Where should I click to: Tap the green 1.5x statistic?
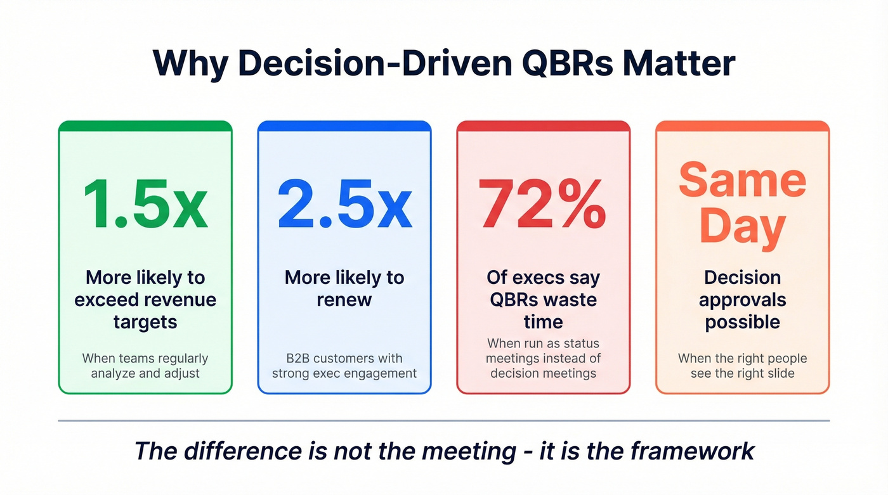[145, 204]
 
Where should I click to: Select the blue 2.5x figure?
[344, 204]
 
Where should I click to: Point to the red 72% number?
[543, 204]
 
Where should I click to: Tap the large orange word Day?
[742, 226]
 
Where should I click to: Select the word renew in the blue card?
[344, 300]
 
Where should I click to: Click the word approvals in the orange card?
[742, 300]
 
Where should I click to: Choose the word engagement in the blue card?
[381, 373]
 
